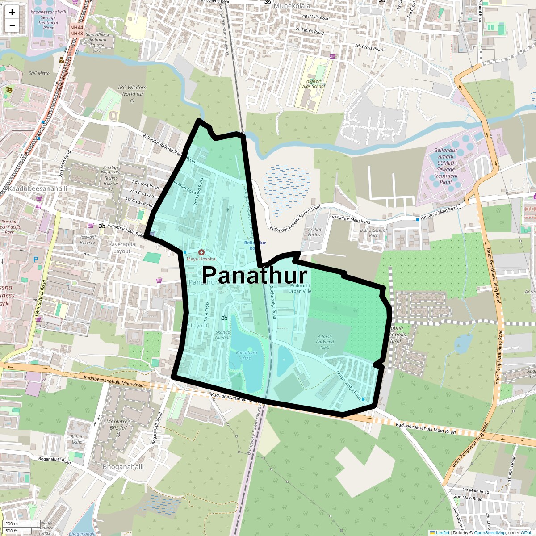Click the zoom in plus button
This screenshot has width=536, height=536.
tap(12, 12)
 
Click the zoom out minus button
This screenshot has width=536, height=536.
tap(12, 25)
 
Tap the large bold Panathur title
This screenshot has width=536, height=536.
tap(255, 275)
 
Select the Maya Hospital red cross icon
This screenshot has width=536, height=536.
tap(201, 253)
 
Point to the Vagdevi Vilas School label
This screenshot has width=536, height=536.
tap(313, 84)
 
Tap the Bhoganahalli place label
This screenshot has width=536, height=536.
tap(123, 467)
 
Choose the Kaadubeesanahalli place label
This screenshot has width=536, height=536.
tap(38, 189)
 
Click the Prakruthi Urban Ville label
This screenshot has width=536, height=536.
tap(300, 288)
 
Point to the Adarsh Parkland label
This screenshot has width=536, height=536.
tap(325, 342)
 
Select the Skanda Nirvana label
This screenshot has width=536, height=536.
tap(223, 335)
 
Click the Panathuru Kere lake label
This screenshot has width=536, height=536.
tap(247, 355)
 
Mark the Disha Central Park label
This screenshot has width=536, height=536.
tap(373, 233)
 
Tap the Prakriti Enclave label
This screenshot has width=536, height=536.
tap(315, 232)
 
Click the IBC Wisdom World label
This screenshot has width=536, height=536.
tap(132, 94)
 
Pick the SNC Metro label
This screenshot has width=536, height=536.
tap(39, 73)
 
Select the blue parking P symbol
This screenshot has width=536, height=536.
tap(36, 259)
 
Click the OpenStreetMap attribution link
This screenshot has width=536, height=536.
tap(490, 532)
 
